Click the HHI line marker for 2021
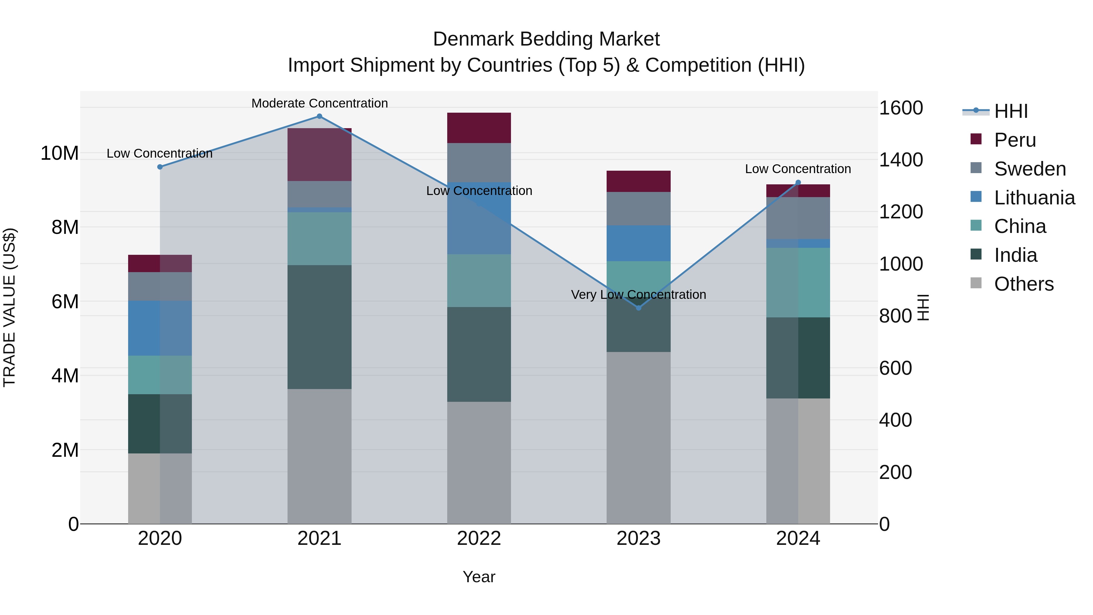tap(319, 116)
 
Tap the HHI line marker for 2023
tap(638, 308)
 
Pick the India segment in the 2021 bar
tap(319, 327)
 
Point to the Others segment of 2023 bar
tap(638, 437)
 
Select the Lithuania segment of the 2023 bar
tap(638, 243)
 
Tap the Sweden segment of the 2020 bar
tap(160, 286)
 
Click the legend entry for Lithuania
tap(1034, 198)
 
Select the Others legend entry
tap(1023, 284)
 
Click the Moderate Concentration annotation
tap(319, 103)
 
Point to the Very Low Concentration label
tap(638, 295)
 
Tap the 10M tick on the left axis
tap(60, 153)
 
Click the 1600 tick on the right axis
tap(901, 108)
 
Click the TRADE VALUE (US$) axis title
tap(9, 307)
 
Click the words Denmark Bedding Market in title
tap(546, 39)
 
